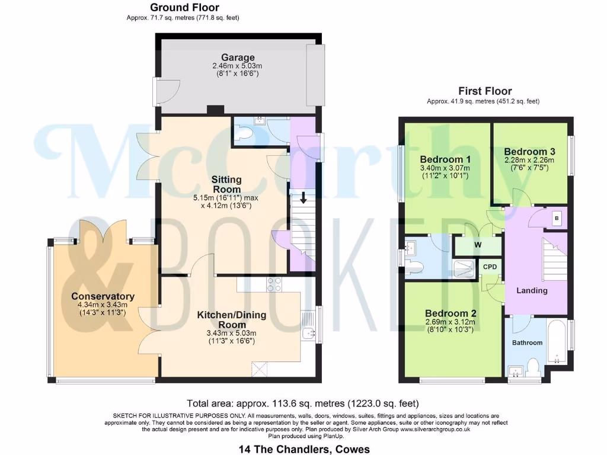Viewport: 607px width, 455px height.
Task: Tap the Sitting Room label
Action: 226,184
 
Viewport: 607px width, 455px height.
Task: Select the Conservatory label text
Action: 103,296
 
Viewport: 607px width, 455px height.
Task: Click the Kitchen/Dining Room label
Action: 229,320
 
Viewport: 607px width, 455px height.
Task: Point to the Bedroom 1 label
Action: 445,159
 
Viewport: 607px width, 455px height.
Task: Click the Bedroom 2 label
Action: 450,313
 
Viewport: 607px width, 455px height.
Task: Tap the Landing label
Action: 532,290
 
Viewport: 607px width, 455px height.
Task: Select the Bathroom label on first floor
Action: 527,342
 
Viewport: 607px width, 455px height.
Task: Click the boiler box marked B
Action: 556,218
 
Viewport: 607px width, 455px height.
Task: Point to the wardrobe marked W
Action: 478,244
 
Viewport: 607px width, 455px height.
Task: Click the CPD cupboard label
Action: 490,267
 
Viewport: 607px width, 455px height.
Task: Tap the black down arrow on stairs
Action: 303,198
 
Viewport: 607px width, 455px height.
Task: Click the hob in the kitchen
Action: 274,284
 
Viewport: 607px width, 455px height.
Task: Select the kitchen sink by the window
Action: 308,334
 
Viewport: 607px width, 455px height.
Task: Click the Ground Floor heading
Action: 184,8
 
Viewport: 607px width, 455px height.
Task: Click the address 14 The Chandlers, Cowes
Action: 303,448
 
